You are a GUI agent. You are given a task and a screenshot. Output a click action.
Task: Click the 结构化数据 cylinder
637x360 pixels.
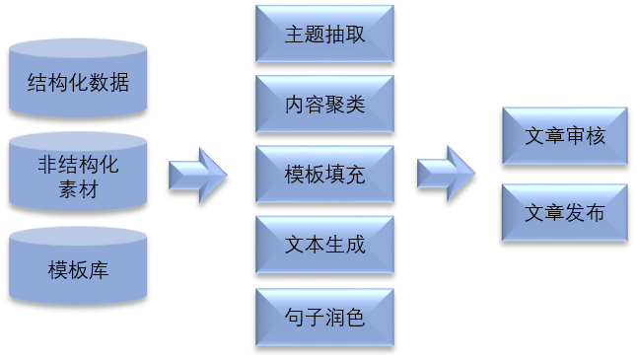(x=78, y=83)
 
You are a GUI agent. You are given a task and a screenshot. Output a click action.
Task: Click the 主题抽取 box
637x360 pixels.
(x=324, y=33)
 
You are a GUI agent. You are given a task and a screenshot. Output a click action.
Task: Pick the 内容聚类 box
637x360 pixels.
(x=324, y=104)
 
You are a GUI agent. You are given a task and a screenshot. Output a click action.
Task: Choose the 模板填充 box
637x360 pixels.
(x=324, y=175)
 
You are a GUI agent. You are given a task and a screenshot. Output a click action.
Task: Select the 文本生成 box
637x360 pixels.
(x=324, y=245)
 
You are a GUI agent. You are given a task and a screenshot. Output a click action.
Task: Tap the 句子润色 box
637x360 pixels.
(x=324, y=317)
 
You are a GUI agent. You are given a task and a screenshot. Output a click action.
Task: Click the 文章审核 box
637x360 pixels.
(x=564, y=137)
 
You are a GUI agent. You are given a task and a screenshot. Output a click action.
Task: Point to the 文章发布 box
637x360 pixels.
(x=564, y=212)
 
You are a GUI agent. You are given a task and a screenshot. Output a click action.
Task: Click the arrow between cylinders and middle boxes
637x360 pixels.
(x=199, y=176)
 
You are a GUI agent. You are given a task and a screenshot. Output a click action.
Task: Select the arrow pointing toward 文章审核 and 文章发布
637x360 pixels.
(x=447, y=174)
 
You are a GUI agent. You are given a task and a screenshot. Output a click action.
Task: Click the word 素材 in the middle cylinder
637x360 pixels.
(x=78, y=188)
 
